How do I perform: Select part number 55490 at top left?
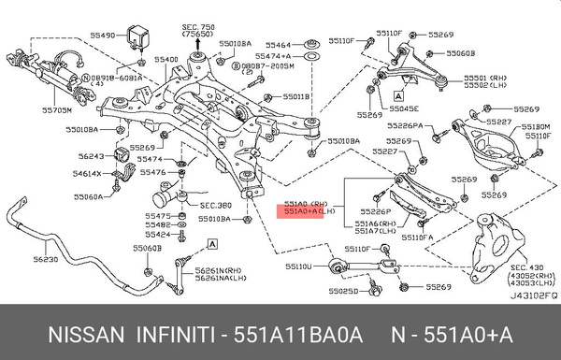[x=101, y=35]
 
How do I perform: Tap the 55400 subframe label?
[x=166, y=59]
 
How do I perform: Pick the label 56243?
[x=93, y=156]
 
